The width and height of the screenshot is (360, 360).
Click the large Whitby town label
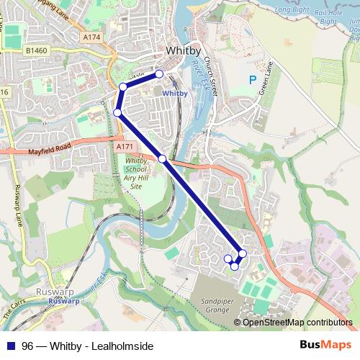(x=186, y=51)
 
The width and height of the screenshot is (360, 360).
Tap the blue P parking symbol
(x=252, y=80)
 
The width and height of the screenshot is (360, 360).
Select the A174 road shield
(x=91, y=37)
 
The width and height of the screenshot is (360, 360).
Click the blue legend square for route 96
(x=11, y=346)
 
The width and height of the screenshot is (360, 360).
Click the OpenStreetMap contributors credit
(x=297, y=323)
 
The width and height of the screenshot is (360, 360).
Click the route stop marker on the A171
(x=163, y=158)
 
